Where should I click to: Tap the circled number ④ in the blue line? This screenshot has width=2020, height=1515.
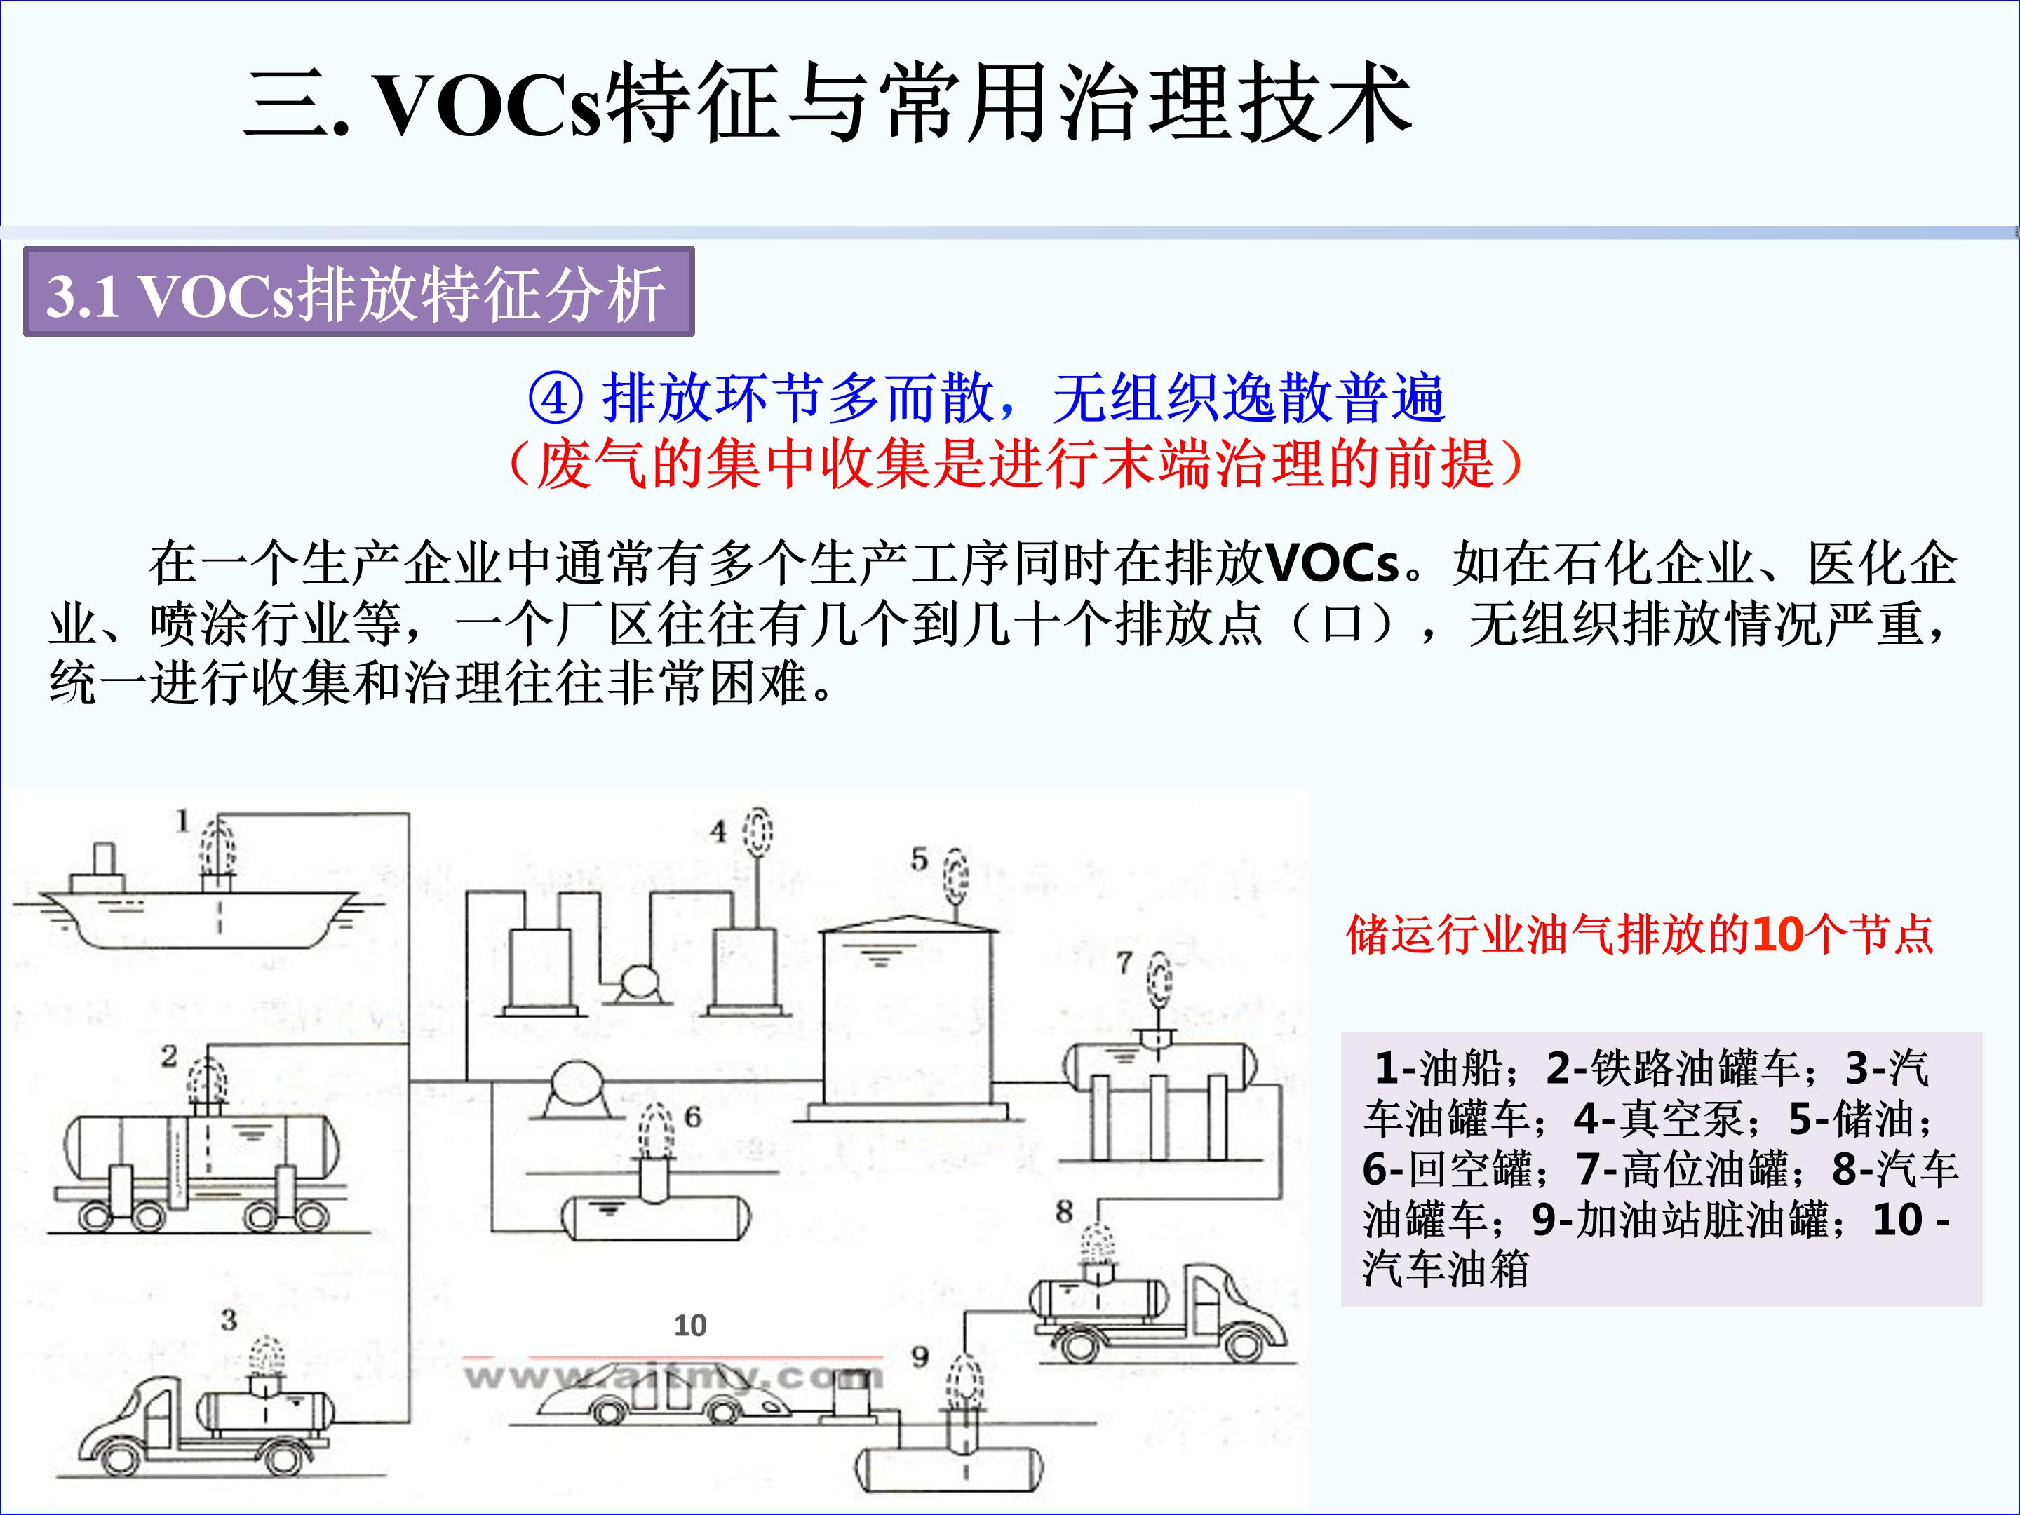pos(556,399)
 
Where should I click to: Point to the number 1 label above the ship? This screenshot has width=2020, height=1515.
pos(182,821)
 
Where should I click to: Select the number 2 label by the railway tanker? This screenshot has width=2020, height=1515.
pos(169,1056)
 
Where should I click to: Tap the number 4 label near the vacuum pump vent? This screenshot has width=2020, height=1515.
pos(719,831)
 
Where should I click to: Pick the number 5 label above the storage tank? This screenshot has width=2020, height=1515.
pos(919,859)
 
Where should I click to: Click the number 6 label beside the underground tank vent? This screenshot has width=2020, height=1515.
pos(692,1116)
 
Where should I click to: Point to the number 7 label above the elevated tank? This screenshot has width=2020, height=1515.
pos(1124,962)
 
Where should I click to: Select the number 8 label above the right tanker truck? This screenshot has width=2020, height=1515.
pos(1064,1212)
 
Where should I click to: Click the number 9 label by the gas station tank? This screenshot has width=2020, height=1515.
pos(920,1356)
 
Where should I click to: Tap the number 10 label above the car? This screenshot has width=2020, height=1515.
pos(689,1325)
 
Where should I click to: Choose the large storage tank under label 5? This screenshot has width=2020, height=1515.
pos(908,1018)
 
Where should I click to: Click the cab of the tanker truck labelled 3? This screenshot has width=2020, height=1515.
pos(137,1415)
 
